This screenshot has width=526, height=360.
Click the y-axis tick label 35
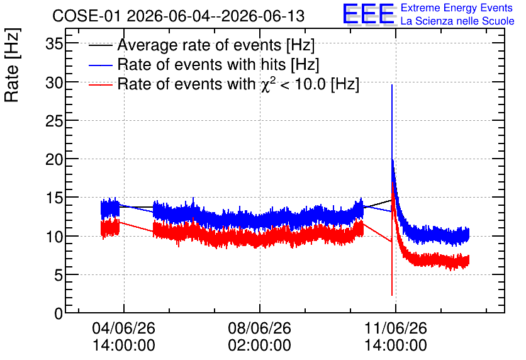[54, 43]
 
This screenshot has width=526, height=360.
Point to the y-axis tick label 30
[54, 82]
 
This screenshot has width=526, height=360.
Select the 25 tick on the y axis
[54, 120]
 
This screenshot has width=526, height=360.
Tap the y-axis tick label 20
[54, 159]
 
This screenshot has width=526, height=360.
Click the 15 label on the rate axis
[54, 198]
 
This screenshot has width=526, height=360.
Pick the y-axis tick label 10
[54, 237]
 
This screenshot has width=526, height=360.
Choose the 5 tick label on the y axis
[59, 275]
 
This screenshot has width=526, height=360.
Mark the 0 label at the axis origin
[59, 313]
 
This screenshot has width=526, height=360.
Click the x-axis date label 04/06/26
[124, 328]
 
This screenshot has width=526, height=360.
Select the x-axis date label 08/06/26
[260, 328]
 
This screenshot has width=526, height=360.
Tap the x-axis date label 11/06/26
[396, 328]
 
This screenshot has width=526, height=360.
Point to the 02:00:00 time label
[260, 345]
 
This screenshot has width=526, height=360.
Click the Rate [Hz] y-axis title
[12, 65]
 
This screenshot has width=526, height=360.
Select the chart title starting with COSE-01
[178, 16]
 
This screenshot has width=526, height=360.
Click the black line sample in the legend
[100, 45]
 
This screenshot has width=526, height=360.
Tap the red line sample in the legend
[100, 84]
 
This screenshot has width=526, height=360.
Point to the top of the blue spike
[392, 85]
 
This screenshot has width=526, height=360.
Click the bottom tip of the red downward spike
[392, 295]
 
